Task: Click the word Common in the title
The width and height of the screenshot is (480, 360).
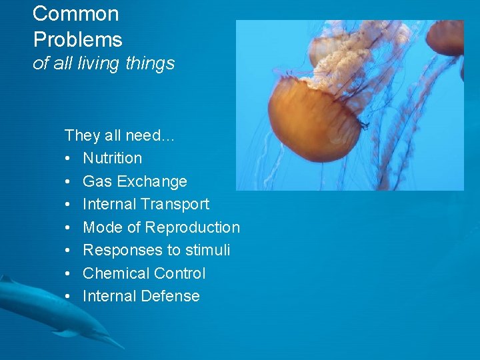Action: coord(75,14)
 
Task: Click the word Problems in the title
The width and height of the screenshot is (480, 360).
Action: coord(77,40)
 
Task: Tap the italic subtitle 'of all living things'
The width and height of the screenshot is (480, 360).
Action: coord(103,64)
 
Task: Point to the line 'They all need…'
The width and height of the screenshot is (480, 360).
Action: coord(119,135)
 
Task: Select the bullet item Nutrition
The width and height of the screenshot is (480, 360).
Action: coord(112,159)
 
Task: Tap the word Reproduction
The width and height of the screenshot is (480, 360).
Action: coord(193,227)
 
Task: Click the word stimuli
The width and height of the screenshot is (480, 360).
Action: coord(208,250)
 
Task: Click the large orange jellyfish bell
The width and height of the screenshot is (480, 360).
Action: coord(313,120)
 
